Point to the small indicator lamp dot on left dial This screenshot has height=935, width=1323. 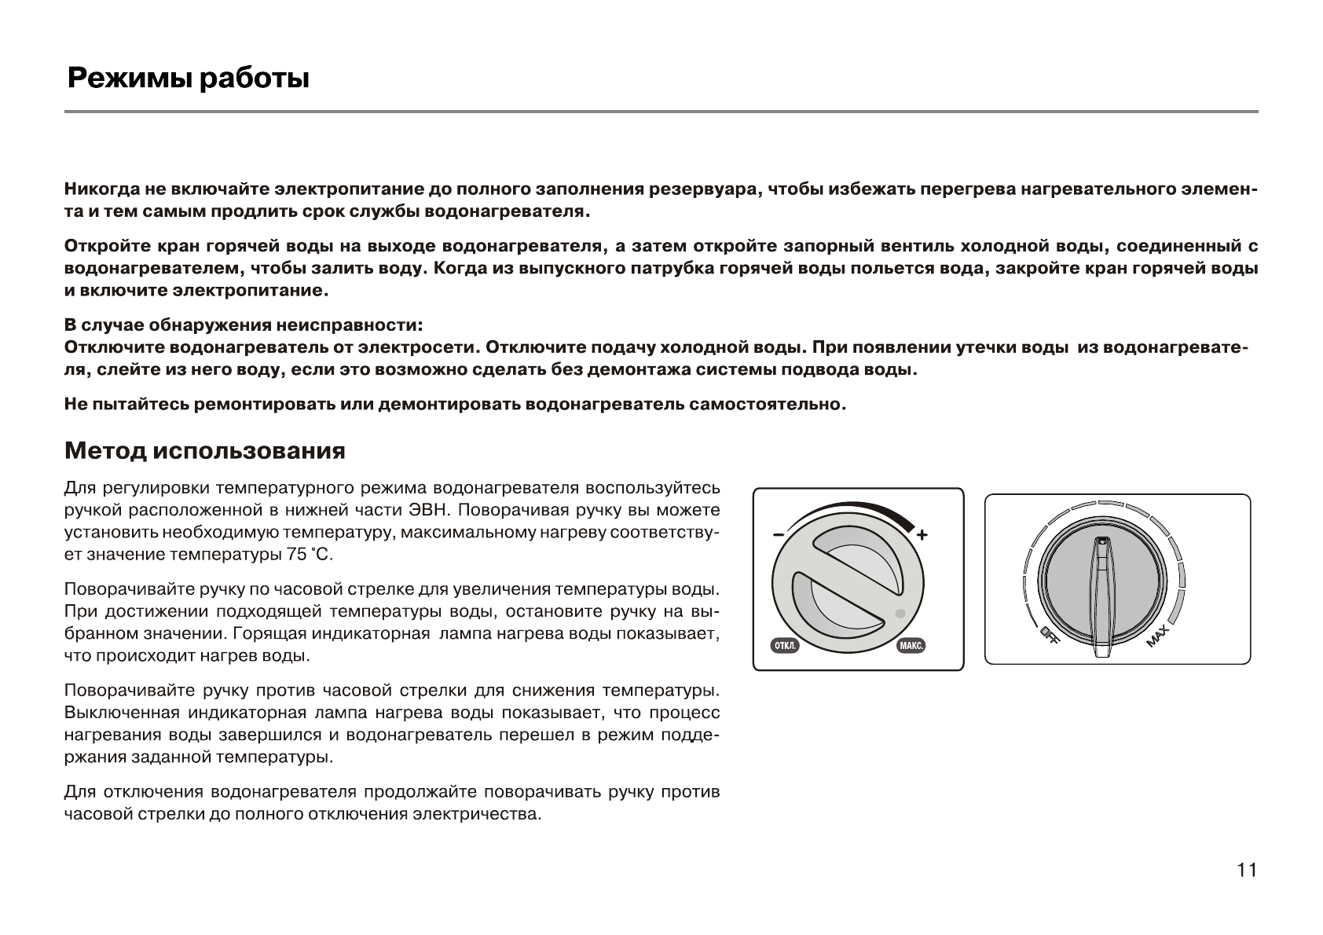tap(900, 614)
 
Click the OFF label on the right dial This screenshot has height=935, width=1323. tap(1049, 636)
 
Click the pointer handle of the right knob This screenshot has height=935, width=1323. tap(1103, 597)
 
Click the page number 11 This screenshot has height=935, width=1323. tap(1247, 871)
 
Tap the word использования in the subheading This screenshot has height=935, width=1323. tap(249, 451)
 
